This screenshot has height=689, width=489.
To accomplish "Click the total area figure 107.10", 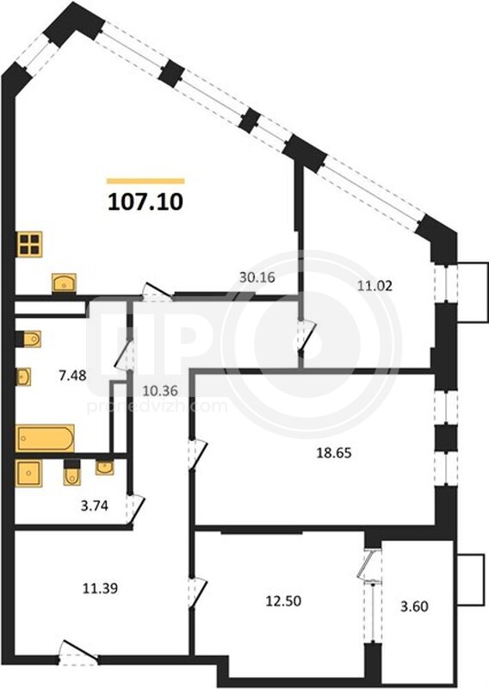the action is (x=145, y=202).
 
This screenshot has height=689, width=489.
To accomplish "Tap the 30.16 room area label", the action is (x=257, y=277).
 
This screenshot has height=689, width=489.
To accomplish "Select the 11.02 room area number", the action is (x=374, y=286).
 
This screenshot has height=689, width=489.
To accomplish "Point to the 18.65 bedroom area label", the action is (x=334, y=453).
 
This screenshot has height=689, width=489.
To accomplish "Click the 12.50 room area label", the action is (x=283, y=600).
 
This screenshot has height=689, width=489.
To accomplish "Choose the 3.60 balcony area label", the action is (x=415, y=606).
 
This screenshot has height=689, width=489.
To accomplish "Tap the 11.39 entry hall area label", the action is (x=100, y=588).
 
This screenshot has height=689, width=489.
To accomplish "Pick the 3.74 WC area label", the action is (x=95, y=506).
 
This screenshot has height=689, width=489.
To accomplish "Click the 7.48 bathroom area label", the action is (x=72, y=376).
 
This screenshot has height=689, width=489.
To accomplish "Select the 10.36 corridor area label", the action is (x=160, y=390).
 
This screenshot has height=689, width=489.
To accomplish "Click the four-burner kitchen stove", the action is (x=30, y=245).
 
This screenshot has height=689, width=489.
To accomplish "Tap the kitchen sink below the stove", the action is (x=65, y=282).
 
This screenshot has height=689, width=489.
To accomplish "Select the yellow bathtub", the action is (x=45, y=438).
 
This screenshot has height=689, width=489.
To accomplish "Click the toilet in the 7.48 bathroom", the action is (x=29, y=339).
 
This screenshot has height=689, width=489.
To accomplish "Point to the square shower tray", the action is (x=29, y=473).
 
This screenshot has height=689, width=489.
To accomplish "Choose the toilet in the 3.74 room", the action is (x=72, y=472).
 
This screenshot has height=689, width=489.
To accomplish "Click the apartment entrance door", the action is (x=78, y=651).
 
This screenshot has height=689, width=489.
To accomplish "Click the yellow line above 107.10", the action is (x=145, y=181).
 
